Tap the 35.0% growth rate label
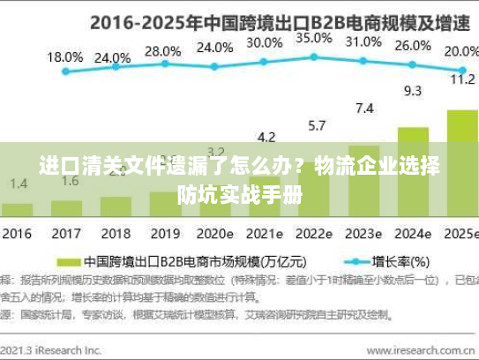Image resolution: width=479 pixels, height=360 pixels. (x=314, y=39)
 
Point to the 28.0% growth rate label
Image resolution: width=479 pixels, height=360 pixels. (x=162, y=51)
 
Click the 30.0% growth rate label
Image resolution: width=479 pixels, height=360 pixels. (x=265, y=42)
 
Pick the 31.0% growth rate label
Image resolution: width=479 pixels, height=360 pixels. (x=363, y=41)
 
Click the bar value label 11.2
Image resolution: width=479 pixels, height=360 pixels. (x=462, y=79)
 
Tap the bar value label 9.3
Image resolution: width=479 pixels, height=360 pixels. (x=413, y=90)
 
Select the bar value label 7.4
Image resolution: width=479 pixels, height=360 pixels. (x=363, y=109)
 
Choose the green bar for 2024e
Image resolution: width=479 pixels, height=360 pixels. (x=413, y=172)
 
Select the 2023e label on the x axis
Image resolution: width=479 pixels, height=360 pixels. (x=363, y=235)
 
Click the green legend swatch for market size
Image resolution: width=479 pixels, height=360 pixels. (x=68, y=262)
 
